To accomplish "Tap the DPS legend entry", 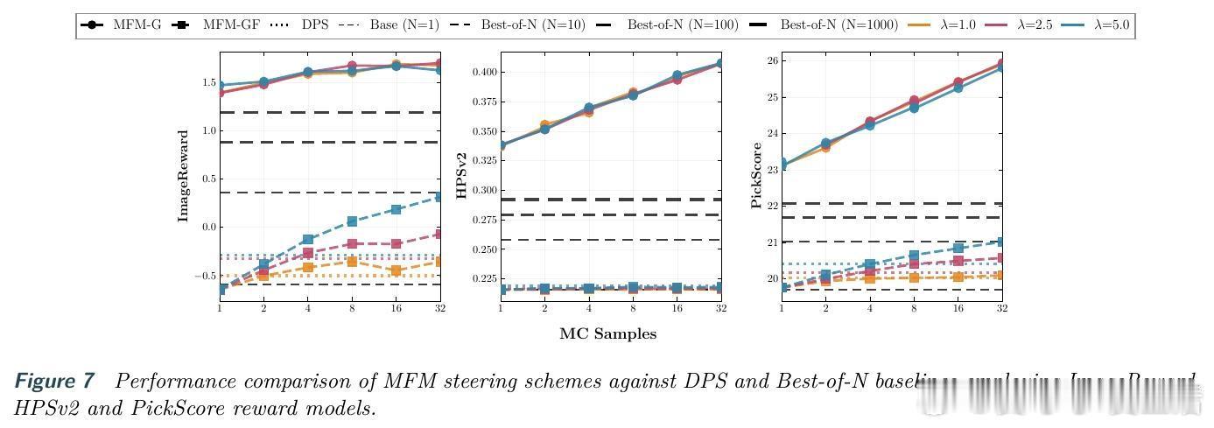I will click(303, 25).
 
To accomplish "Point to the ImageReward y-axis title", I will click(184, 176).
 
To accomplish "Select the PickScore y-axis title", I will click(755, 176).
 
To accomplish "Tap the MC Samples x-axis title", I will click(607, 333).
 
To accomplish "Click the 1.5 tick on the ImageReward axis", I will click(207, 82).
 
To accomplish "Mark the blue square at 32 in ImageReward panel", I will click(439, 197).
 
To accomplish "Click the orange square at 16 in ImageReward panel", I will click(396, 270).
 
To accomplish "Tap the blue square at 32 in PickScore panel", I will click(1001, 242).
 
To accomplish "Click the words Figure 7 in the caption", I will click(54, 382).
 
